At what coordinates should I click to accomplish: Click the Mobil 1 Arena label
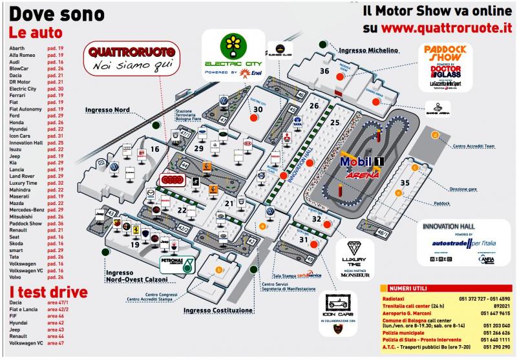pos(362,167)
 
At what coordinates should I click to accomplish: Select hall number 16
pos(154,149)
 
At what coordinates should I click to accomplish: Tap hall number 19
pos(135,245)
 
